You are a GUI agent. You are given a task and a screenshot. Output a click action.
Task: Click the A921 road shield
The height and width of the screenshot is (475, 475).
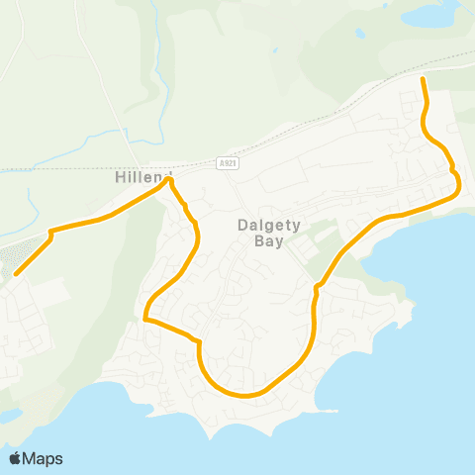pos(226,160)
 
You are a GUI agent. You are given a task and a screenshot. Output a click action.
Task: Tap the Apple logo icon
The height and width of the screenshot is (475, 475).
pos(16,458)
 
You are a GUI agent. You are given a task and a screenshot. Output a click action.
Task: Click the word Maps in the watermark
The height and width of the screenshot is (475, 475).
pos(44,458)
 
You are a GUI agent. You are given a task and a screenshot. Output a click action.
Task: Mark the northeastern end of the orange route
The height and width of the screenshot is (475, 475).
pos(423,78)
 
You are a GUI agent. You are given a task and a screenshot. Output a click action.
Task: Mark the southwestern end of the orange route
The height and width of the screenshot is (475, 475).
pos(16,273)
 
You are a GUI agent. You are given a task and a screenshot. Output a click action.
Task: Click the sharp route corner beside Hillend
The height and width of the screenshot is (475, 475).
pos(170,181)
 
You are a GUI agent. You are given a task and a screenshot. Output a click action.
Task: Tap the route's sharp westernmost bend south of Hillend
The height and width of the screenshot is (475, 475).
pos(145,320)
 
